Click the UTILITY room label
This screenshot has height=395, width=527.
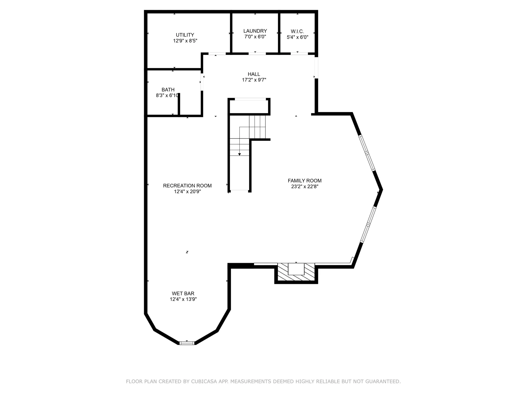point(185,35)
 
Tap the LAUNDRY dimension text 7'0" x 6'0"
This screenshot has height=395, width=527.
point(255,37)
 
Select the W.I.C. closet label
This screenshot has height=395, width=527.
point(297,32)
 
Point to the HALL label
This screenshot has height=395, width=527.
point(254,74)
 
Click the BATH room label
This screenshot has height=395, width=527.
point(168,90)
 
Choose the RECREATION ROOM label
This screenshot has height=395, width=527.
point(187,186)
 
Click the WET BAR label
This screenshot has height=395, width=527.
point(183,294)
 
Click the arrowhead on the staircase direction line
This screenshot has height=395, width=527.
point(239,154)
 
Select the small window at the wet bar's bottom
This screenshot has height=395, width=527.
point(187,343)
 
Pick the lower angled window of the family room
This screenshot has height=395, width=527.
point(368,225)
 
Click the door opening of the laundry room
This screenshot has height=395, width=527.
point(257,54)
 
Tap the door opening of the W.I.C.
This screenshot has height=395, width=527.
point(299,54)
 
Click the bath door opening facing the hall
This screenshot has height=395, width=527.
point(202,82)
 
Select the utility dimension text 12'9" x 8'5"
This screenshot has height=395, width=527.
point(185,41)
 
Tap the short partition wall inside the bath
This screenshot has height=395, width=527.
point(179,104)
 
